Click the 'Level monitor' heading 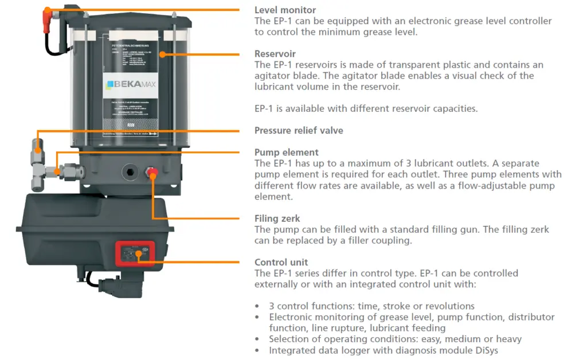[x=285, y=10]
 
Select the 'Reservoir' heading [x=275, y=54]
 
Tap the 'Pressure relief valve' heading [x=299, y=130]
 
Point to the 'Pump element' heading [x=287, y=152]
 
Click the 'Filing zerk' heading [x=277, y=218]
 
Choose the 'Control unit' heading [x=281, y=263]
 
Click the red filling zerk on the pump [x=153, y=172]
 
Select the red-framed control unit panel [x=135, y=253]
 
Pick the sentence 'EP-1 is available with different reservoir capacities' [x=366, y=108]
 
